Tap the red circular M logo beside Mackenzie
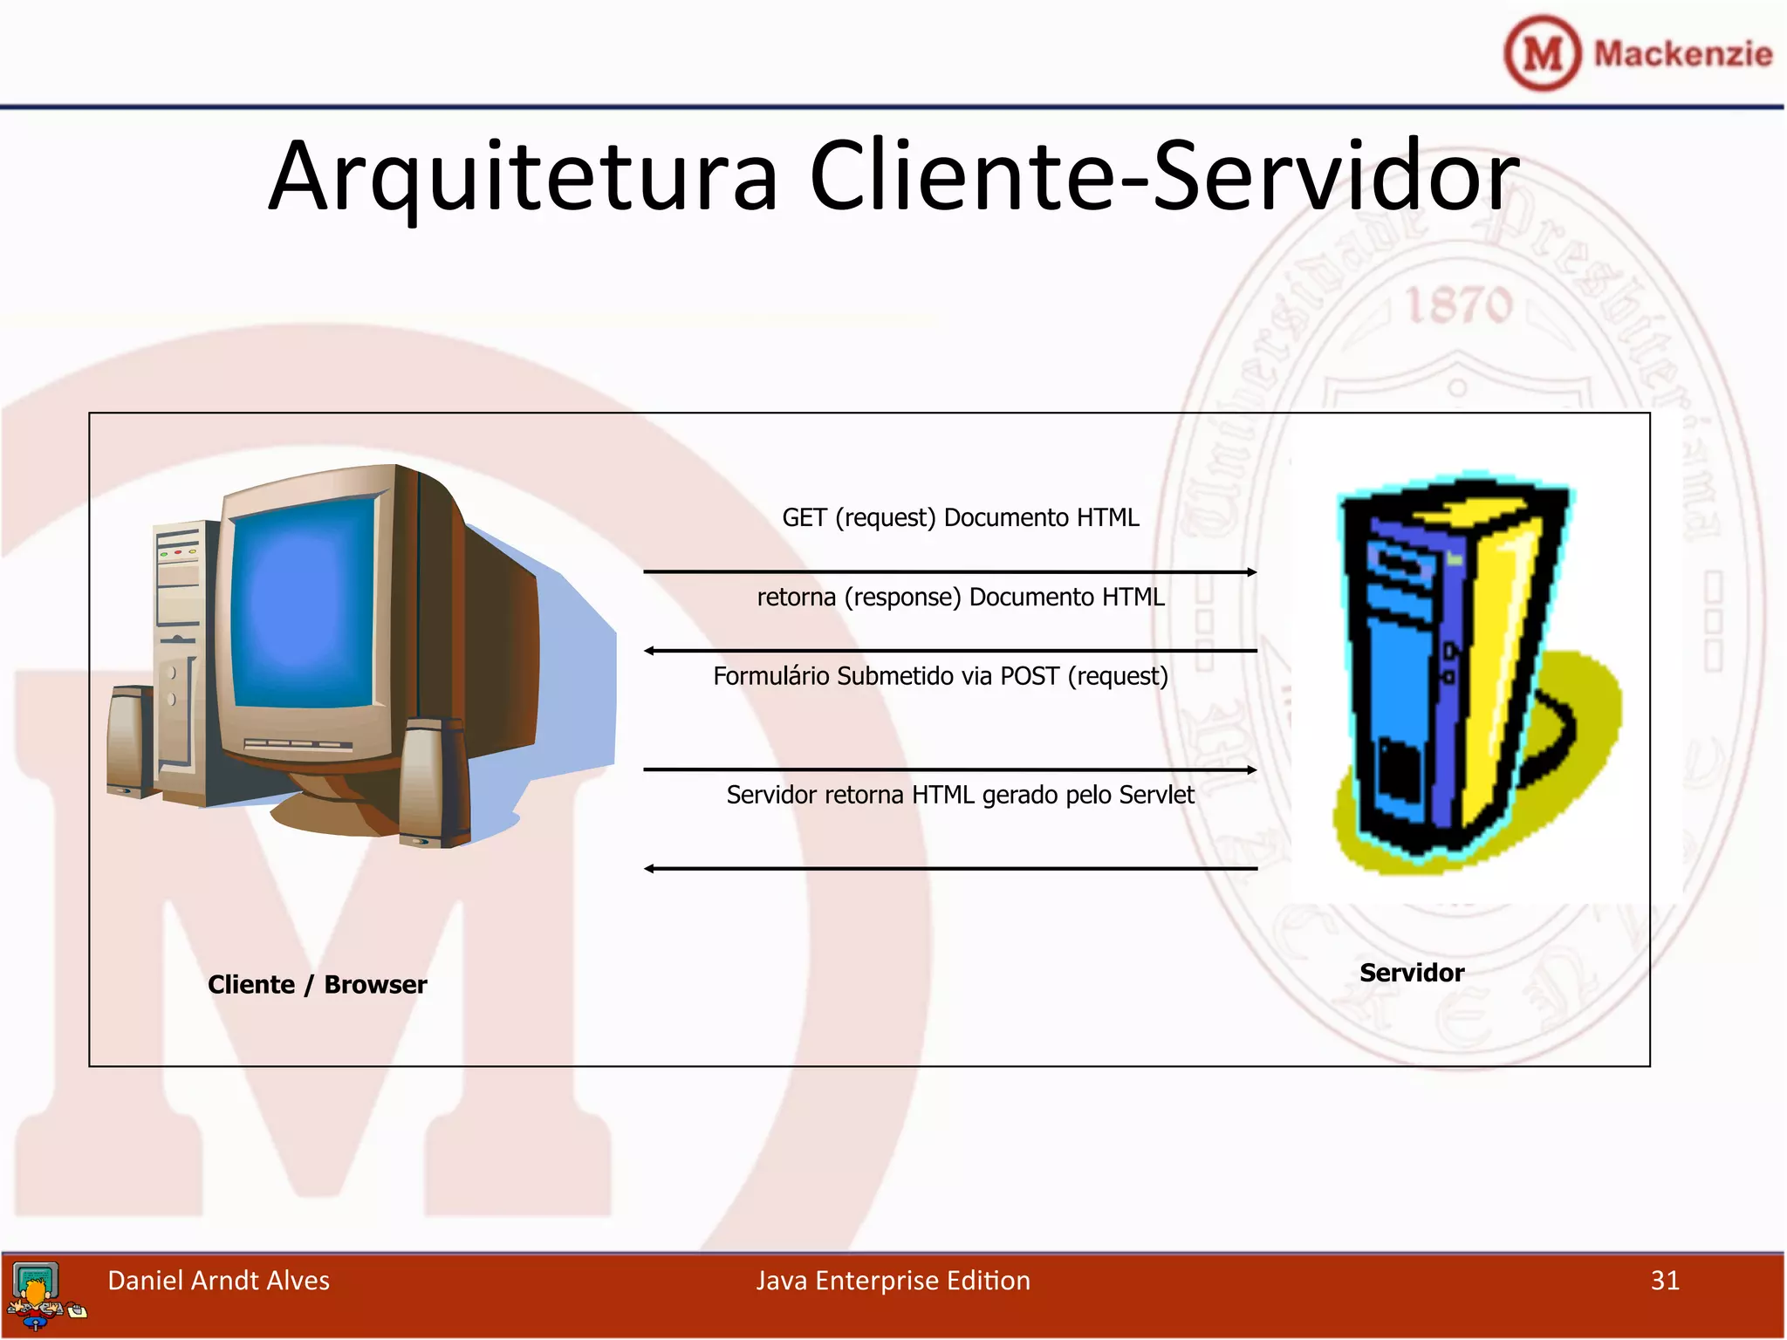pos(1542,54)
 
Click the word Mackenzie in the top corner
pos(1682,54)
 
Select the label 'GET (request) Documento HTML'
pos(960,518)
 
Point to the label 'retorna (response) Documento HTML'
pos(960,598)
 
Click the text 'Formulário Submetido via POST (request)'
pos(940,677)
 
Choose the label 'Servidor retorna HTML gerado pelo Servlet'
pos(960,796)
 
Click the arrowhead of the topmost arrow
pos(1251,572)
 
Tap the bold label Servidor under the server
pos(1411,973)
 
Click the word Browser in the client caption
pos(375,985)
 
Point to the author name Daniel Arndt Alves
pos(218,1281)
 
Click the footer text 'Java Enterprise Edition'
pos(893,1281)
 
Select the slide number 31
pos(1664,1281)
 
